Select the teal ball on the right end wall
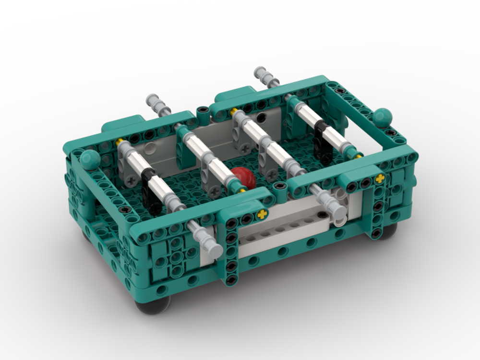click(x=383, y=118)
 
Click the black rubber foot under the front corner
click(x=153, y=304)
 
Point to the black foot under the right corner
click(x=386, y=231)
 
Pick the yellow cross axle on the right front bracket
click(x=380, y=179)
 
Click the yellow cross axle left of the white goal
click(x=262, y=215)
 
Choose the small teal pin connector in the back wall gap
click(x=204, y=112)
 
